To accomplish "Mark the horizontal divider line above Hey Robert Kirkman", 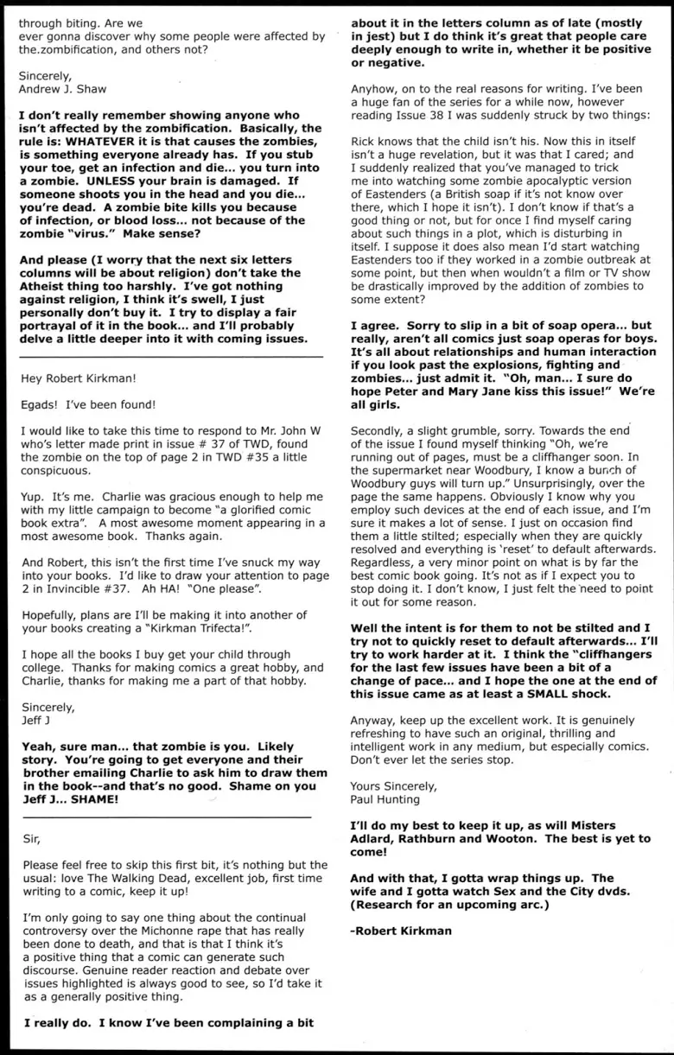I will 171,356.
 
